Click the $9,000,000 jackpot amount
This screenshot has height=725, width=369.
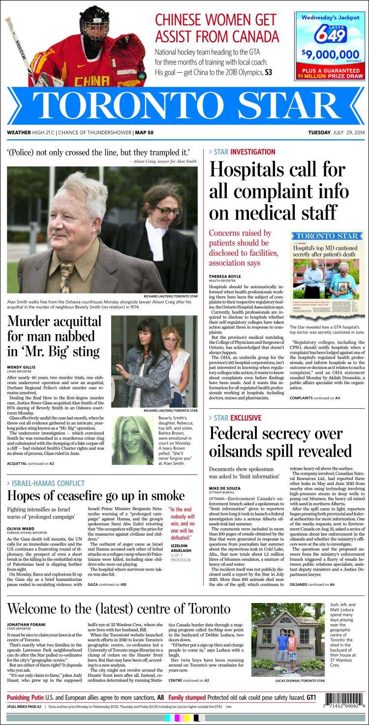pos(330,54)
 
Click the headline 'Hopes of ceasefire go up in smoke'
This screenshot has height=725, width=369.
pos(96,495)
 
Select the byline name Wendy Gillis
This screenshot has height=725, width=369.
pos(20,367)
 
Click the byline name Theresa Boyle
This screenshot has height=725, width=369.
pos(225,276)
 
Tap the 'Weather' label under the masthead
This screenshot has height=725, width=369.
pos(19,132)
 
